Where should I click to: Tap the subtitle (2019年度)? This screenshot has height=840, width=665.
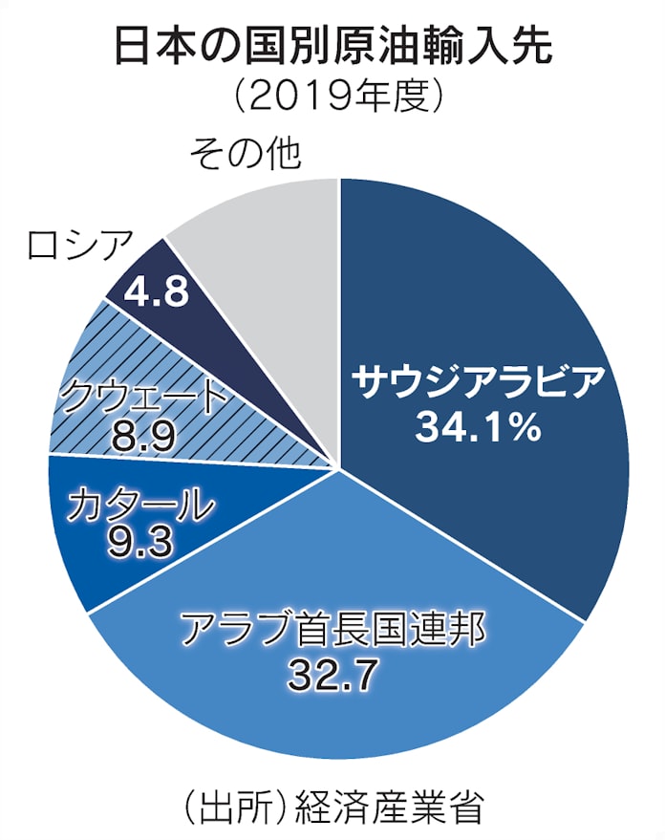coord(332,96)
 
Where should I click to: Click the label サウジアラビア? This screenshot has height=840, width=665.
coord(478,382)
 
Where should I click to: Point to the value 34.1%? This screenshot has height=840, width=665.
coord(478,427)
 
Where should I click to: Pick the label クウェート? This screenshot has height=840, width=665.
coord(145,397)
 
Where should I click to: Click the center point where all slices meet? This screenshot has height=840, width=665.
coord(338,468)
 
